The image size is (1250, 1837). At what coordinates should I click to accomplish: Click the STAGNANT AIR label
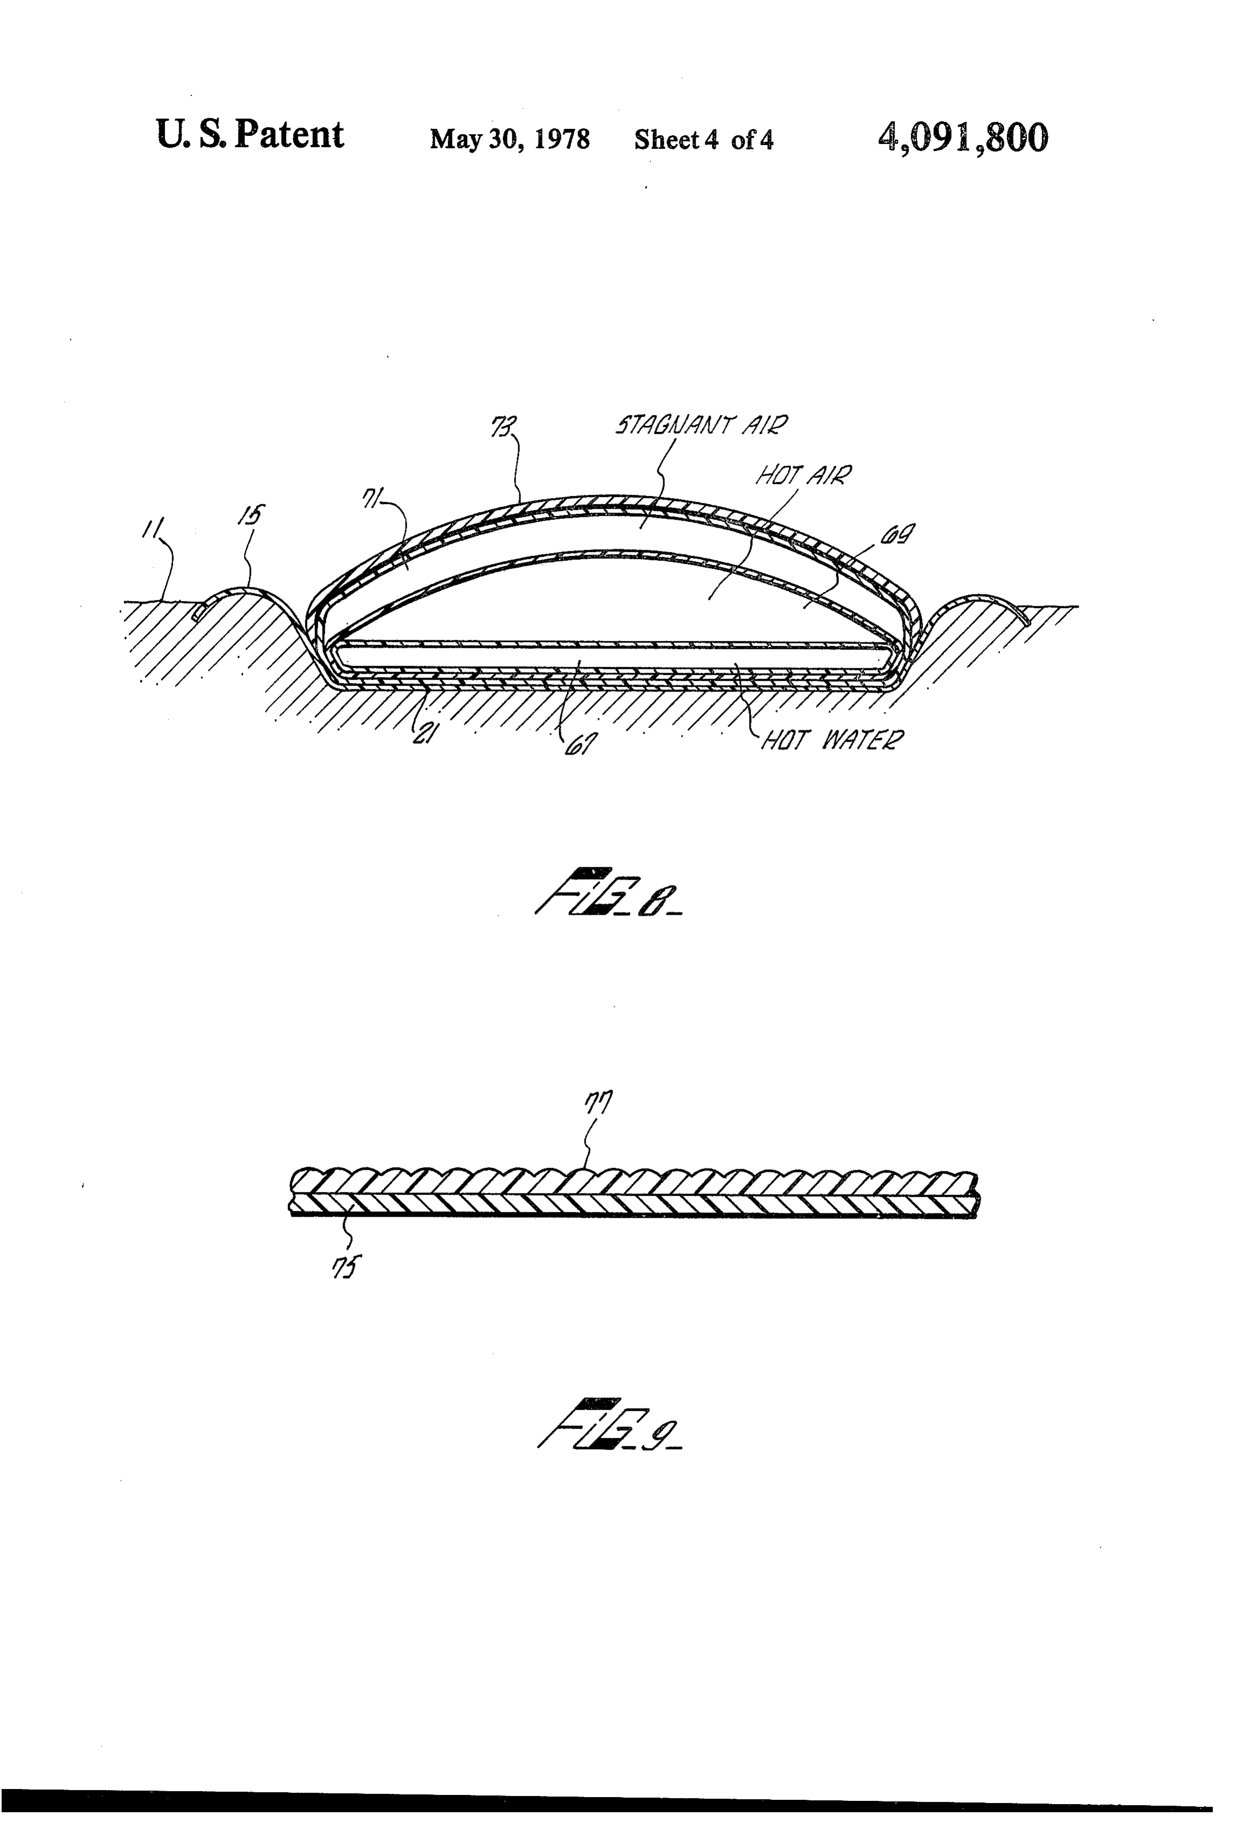pyautogui.click(x=702, y=426)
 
